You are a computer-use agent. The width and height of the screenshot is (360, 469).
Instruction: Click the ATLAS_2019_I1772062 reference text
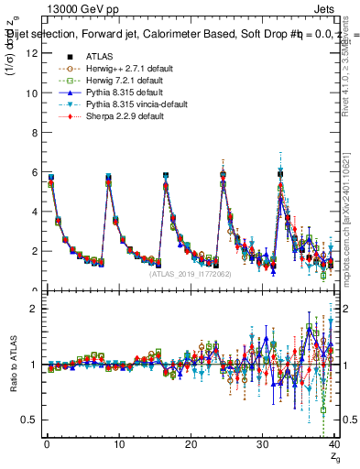pyautogui.click(x=190, y=273)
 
